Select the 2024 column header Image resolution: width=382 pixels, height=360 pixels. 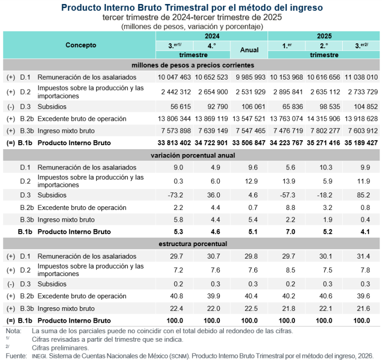click(211, 36)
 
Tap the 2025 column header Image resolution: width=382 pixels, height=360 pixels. click(323, 36)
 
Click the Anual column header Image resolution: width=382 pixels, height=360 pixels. click(249, 50)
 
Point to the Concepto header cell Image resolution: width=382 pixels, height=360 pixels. click(81, 45)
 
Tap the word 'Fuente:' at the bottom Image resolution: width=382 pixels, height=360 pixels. click(16, 356)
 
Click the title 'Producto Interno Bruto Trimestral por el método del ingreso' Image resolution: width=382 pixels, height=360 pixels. click(192, 8)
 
